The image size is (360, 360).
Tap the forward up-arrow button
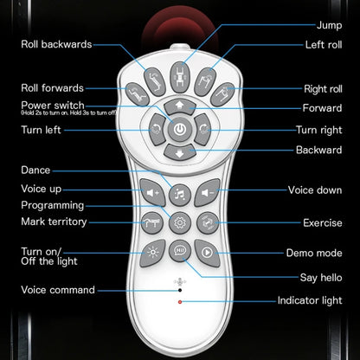[180, 106]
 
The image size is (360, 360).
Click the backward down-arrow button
[180, 152]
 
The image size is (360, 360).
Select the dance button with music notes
[180, 195]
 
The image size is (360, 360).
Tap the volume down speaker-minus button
[208, 192]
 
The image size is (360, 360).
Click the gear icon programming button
[180, 222]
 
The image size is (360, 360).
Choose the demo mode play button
[208, 253]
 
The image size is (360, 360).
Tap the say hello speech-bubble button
[180, 251]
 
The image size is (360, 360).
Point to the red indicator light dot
[180, 302]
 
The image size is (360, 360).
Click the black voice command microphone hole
[180, 290]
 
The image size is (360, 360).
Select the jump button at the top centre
[180, 77]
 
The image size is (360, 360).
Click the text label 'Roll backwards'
[56, 44]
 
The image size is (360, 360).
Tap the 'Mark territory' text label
[54, 222]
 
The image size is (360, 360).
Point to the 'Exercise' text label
[323, 222]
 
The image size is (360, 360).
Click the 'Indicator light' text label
[310, 300]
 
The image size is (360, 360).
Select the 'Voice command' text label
[58, 290]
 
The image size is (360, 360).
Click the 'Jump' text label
[330, 25]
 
